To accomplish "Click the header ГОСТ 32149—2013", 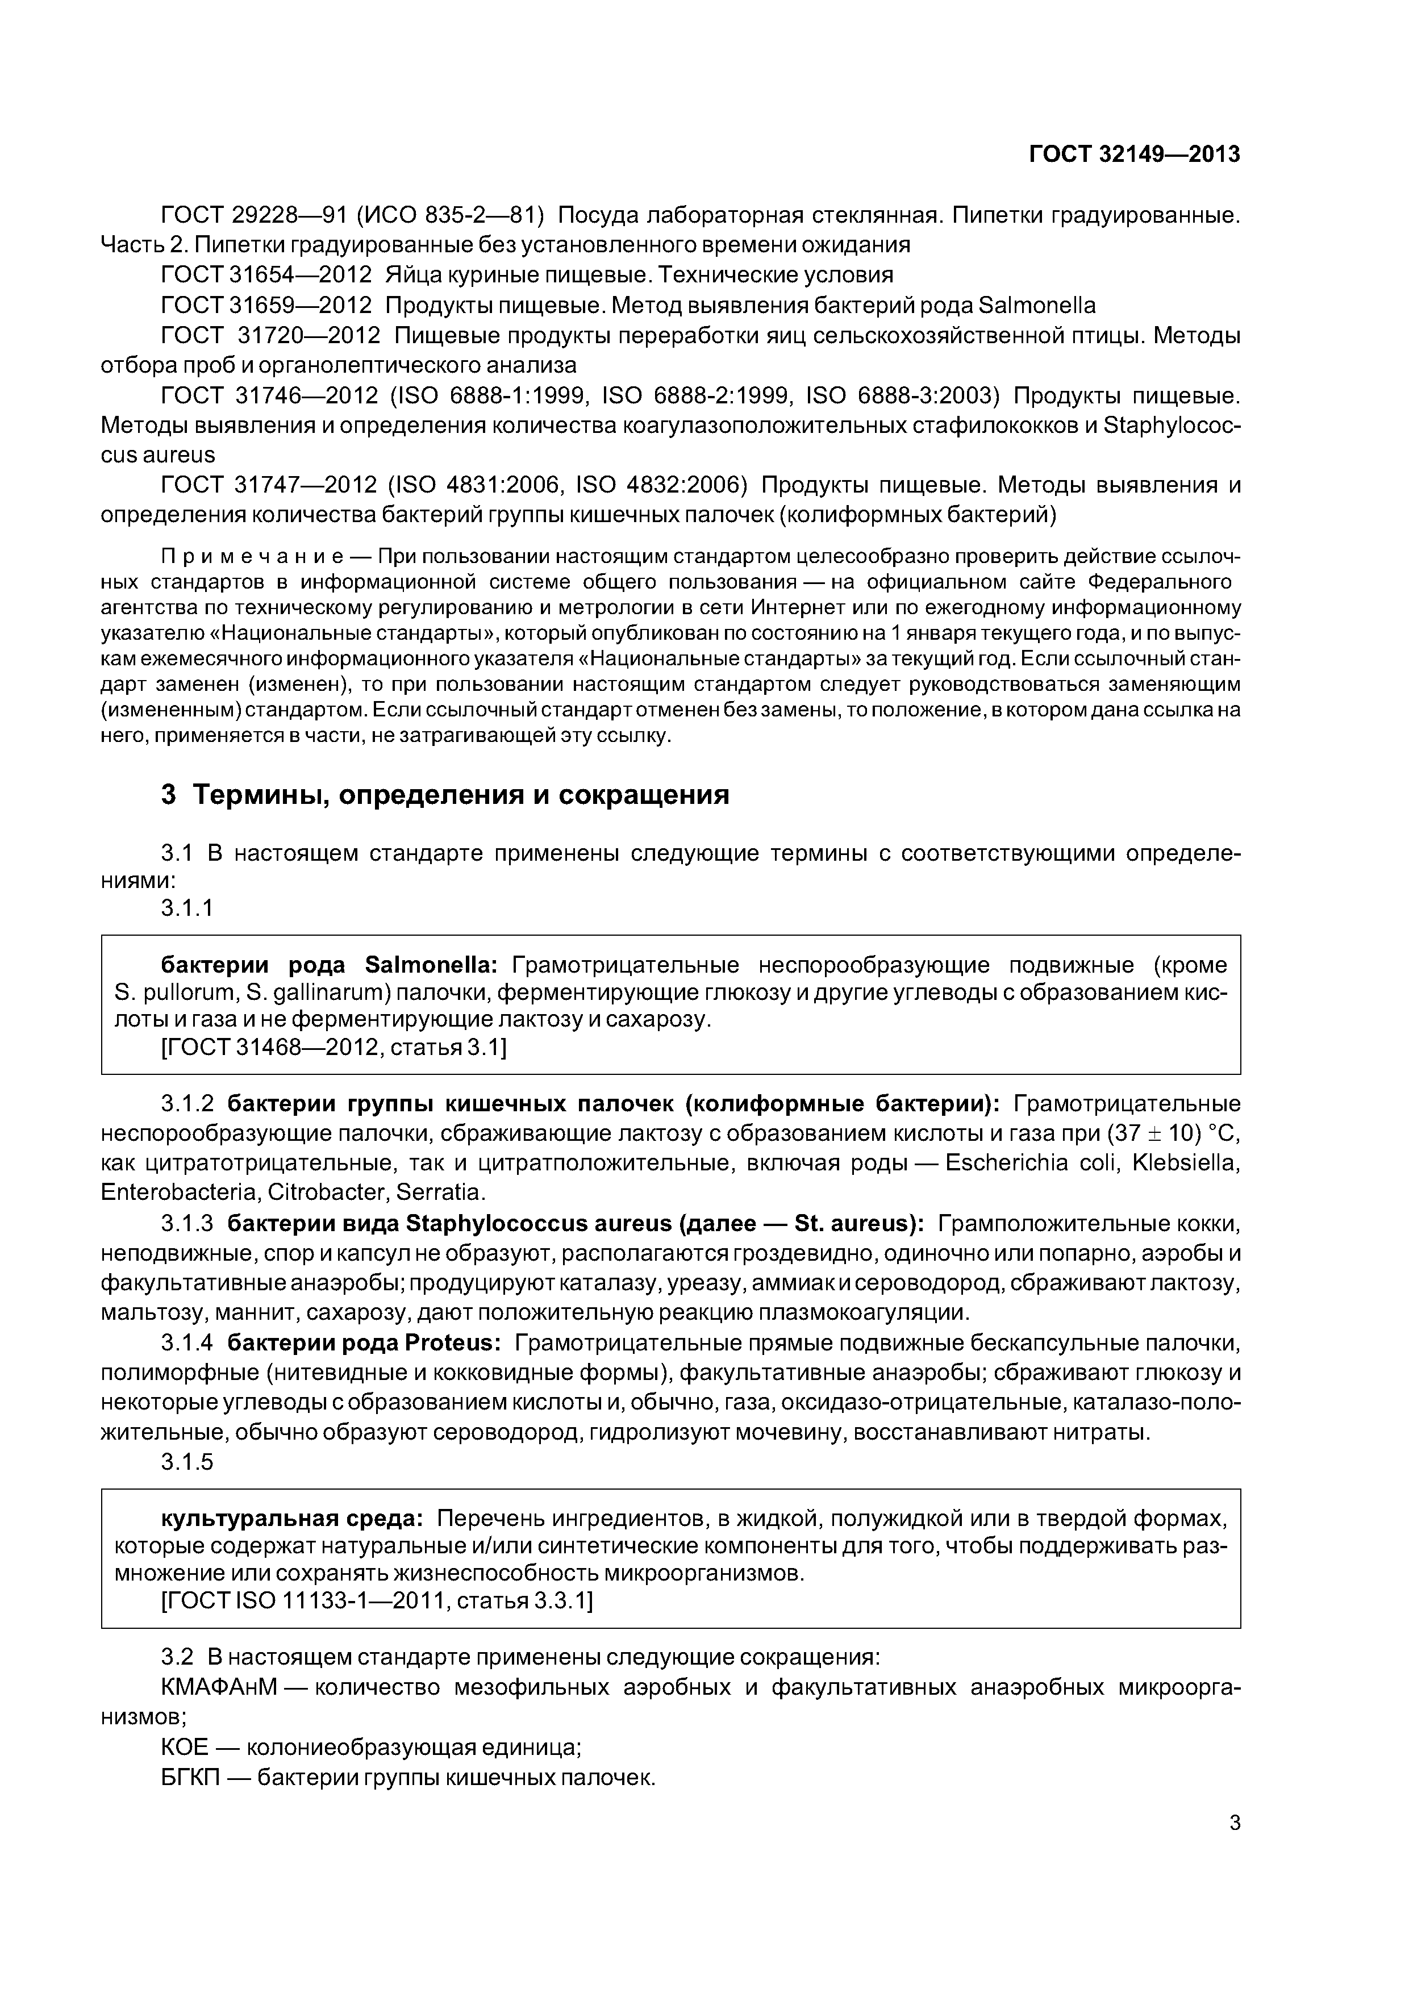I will coord(1134,155).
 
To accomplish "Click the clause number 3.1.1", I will coord(187,908).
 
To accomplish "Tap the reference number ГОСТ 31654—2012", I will coord(266,275).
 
